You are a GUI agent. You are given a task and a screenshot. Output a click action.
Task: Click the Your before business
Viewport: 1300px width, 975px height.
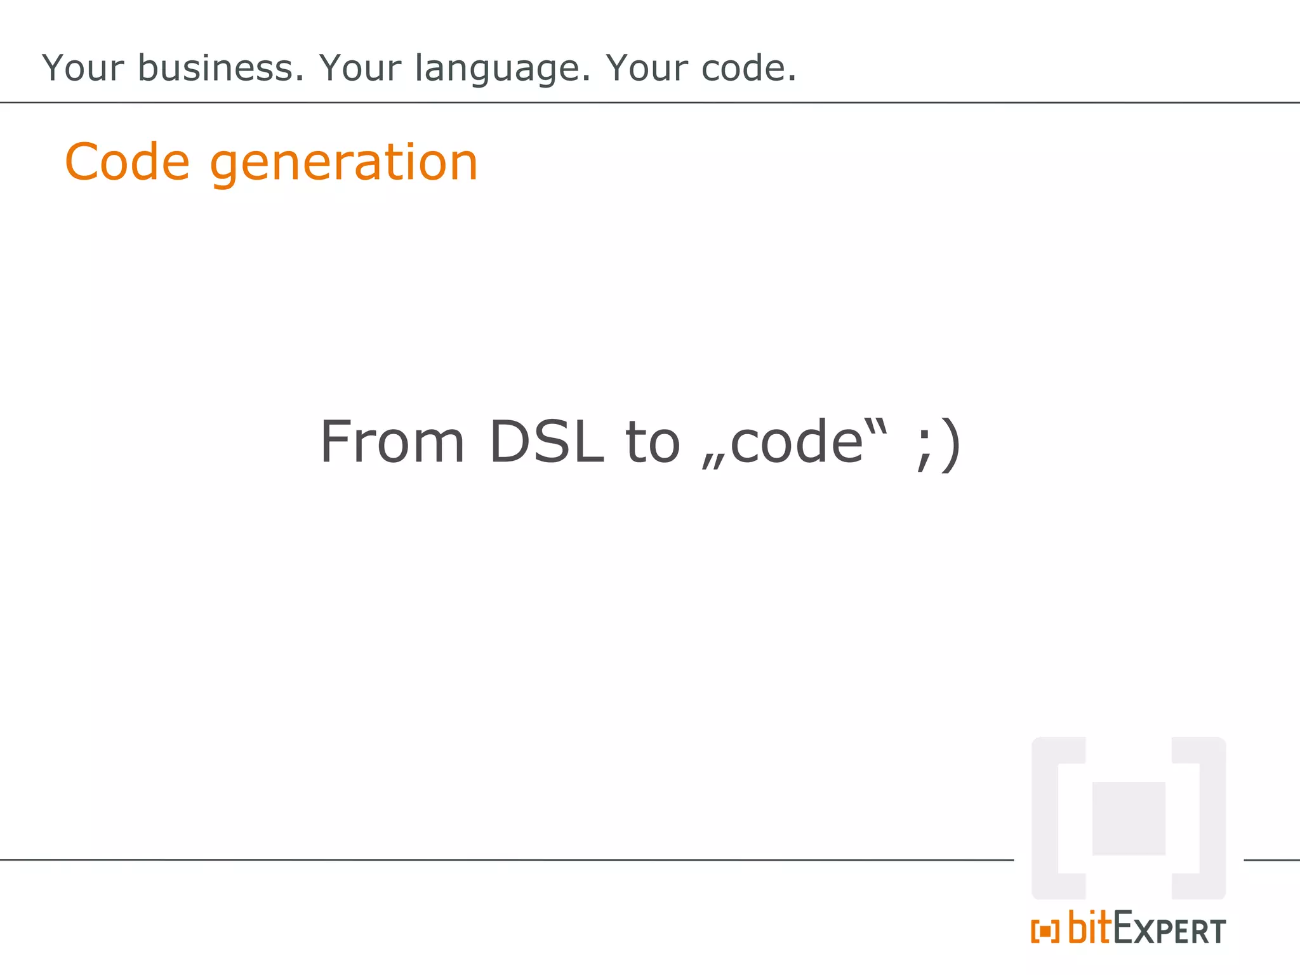click(x=83, y=68)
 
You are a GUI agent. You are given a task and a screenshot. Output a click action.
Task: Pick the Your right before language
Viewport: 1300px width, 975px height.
click(x=360, y=68)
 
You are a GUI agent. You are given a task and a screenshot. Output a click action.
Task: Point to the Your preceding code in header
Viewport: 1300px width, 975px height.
click(x=646, y=68)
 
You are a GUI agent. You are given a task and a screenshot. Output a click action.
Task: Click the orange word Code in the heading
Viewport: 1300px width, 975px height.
click(x=127, y=162)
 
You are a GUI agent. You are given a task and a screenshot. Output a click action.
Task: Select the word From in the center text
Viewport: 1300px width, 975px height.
click(x=392, y=442)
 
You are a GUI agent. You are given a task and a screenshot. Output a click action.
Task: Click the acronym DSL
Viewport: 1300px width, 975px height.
click(x=547, y=442)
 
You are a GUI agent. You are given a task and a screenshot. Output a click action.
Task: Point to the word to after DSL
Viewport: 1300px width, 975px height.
click(x=653, y=442)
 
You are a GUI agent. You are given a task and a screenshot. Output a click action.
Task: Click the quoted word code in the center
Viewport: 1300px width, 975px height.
click(x=797, y=442)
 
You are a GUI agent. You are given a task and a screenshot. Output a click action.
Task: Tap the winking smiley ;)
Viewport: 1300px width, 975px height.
click(x=938, y=444)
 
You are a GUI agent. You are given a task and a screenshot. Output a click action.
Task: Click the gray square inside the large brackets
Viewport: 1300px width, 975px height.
click(x=1128, y=818)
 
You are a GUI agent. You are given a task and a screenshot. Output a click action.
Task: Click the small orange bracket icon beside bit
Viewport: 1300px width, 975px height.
click(x=1045, y=931)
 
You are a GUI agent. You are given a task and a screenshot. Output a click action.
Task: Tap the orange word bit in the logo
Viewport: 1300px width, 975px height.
click(x=1090, y=928)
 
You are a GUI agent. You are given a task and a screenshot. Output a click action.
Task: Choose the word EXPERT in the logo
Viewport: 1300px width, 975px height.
click(x=1169, y=931)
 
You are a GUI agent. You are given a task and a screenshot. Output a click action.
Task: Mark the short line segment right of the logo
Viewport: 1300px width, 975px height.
click(x=1271, y=860)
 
